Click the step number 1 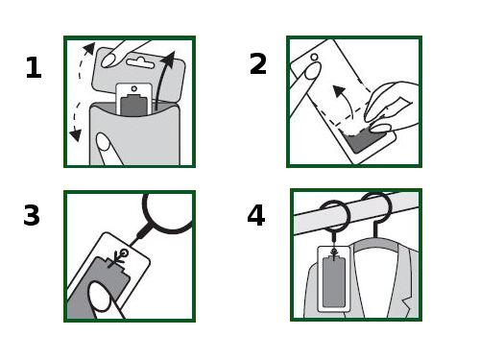34,67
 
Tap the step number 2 258,64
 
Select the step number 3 32,215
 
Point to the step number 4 256,215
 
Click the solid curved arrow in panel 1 160,80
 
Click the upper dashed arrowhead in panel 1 89,48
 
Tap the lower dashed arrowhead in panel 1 76,135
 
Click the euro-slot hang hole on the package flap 140,62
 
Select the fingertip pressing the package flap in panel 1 108,60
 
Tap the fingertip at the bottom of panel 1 103,142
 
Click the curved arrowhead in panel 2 339,91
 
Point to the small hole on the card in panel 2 314,58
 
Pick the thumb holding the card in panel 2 312,71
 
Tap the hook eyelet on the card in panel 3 124,253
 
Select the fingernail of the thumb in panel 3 99,297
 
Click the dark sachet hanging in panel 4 334,281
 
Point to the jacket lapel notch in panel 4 406,303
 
